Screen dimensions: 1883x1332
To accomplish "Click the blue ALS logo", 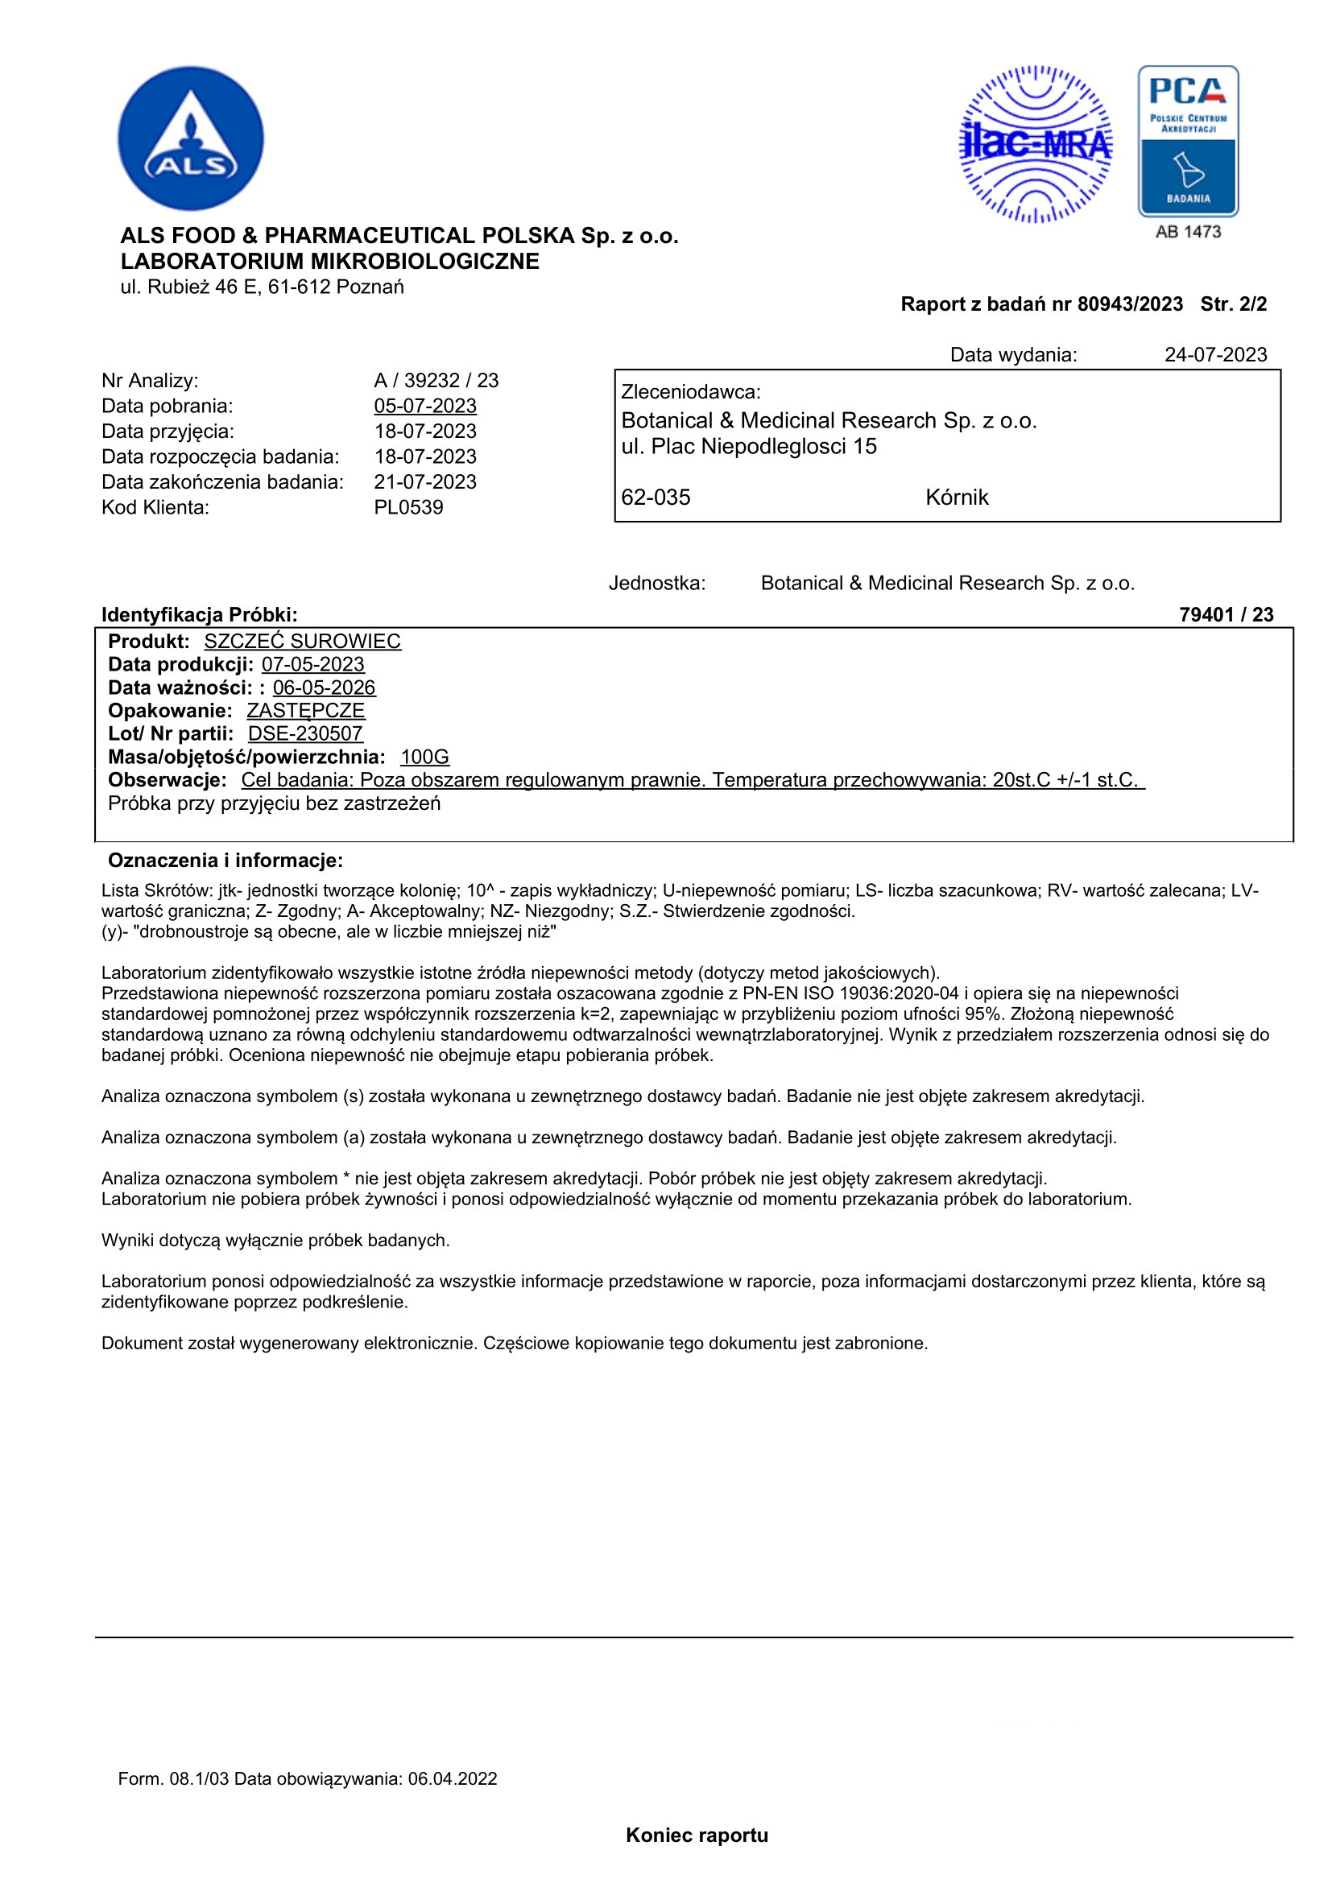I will pos(190,138).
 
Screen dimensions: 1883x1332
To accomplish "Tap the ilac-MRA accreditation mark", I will pos(1035,144).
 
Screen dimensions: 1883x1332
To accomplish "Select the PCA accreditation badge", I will pos(1188,141).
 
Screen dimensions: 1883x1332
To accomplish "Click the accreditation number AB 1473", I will pos(1188,232).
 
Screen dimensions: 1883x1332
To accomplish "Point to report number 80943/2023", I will pos(1129,304).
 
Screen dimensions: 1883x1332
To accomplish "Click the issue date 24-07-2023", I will pos(1214,355).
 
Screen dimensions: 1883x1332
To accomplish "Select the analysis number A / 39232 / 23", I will pos(436,381).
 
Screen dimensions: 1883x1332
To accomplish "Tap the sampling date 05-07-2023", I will pos(425,406).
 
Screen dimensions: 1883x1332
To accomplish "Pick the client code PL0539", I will pos(408,508).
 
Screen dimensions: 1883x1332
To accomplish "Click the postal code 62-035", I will pos(656,498).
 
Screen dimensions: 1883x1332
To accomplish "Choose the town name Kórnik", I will pos(957,498).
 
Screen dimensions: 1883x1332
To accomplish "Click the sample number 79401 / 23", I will pos(1226,615).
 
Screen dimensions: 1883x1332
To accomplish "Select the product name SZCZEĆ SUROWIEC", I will pos(302,642).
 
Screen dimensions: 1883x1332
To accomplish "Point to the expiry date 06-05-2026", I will pos(324,688).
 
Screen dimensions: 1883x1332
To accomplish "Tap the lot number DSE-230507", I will pos(305,734).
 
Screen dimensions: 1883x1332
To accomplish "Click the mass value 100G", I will pos(425,757).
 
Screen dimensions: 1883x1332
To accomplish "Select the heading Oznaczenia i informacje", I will pos(225,861).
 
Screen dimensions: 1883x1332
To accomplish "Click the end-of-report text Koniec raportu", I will pos(697,1836).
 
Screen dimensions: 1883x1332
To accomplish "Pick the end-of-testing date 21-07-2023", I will pos(425,482).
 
